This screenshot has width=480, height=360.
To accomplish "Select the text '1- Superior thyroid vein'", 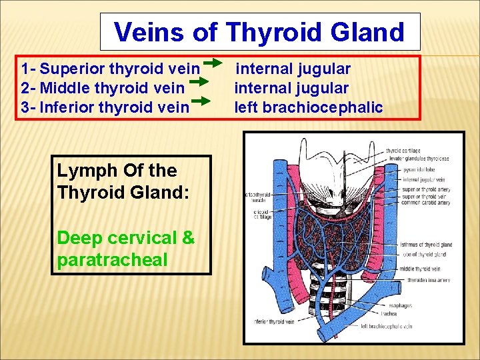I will (x=110, y=69).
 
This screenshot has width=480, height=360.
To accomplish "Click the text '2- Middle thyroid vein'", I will (x=103, y=87).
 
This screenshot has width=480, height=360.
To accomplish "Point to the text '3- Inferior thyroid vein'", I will (x=105, y=107).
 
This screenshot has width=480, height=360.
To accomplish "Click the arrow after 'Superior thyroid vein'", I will (x=213, y=63).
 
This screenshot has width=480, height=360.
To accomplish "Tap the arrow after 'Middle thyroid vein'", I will (x=197, y=83).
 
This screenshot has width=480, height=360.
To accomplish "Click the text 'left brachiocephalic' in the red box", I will (x=308, y=107).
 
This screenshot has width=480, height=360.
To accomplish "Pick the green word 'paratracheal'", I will (x=113, y=260).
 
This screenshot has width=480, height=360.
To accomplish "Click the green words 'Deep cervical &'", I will (x=126, y=238).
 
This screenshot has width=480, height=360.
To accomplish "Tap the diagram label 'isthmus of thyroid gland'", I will (x=427, y=245).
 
